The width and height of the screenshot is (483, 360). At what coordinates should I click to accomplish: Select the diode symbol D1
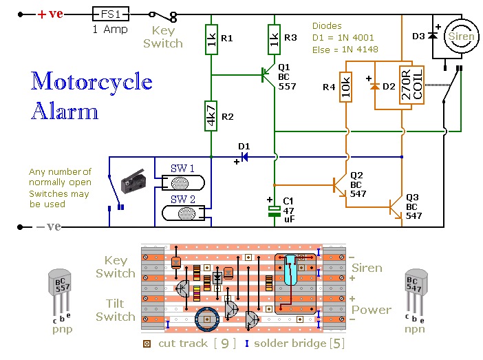click(x=244, y=157)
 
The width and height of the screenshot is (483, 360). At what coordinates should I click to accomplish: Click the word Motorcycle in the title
click(x=92, y=82)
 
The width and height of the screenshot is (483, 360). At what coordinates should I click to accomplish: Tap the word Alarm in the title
click(x=64, y=111)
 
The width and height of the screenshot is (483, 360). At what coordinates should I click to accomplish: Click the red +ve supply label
click(x=50, y=14)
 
